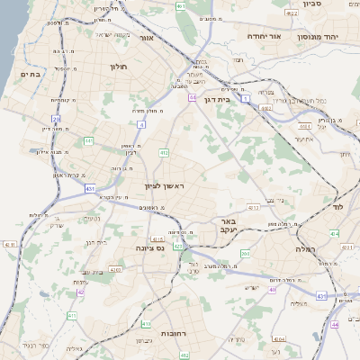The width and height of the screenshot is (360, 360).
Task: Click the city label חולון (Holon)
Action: tap(119, 67)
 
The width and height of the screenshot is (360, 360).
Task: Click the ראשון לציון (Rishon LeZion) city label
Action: tap(164, 185)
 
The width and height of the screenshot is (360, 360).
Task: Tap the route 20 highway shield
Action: tap(56, 118)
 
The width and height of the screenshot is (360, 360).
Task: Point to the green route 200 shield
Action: tap(246, 253)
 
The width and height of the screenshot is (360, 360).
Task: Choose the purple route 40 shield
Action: tap(272, 289)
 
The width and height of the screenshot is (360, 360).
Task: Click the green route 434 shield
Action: tap(336, 233)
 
